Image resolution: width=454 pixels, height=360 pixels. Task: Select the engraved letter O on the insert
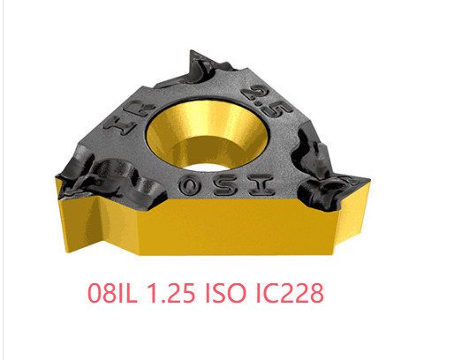tap(190, 187)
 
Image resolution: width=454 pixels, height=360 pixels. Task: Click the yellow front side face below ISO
tap(203, 225)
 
